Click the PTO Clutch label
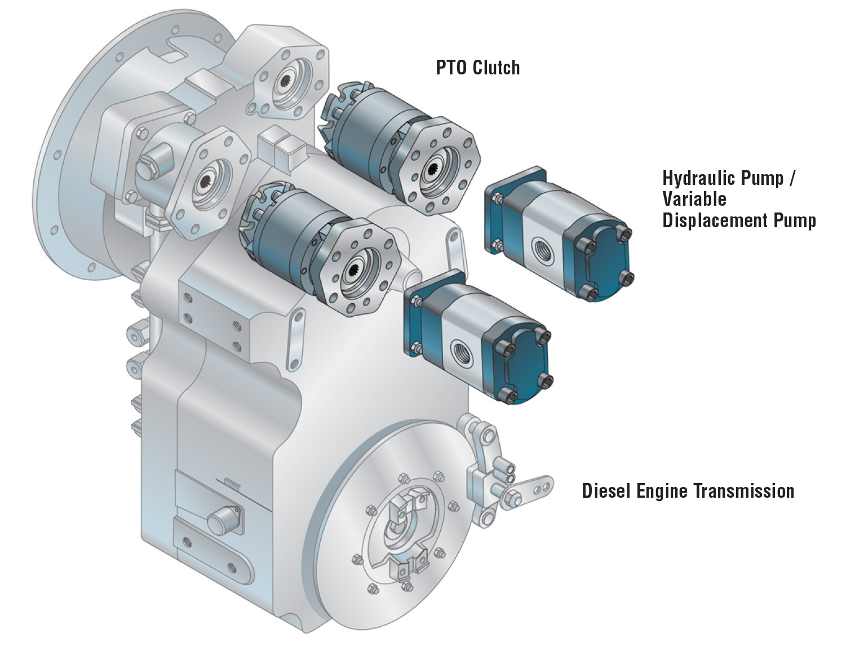pos(477,68)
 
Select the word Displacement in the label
pos(714,220)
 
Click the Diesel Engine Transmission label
pos(688,490)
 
